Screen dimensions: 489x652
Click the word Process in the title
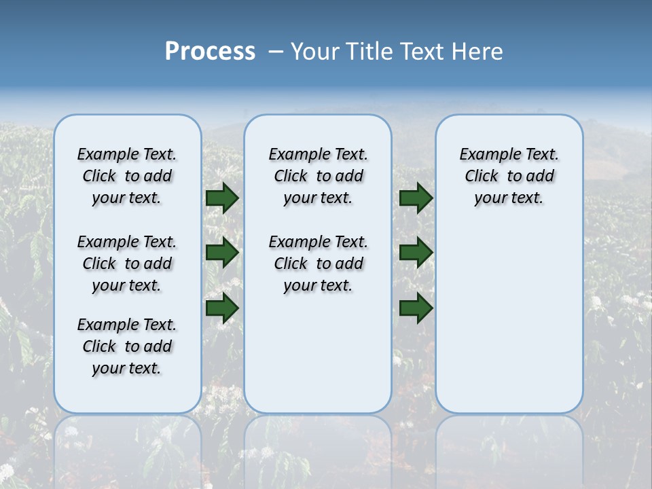click(210, 52)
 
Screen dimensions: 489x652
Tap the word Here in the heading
click(478, 52)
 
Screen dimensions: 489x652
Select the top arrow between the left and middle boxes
click(222, 198)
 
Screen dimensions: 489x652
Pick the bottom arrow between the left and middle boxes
click(222, 308)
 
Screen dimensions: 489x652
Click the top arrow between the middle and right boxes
click(416, 198)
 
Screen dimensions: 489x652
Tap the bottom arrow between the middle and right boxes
click(416, 308)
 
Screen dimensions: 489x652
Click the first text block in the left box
click(127, 176)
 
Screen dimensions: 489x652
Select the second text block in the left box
click(127, 264)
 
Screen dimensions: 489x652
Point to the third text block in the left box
click(127, 346)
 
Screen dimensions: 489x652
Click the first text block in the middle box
click(318, 176)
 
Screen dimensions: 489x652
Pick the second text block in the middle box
click(318, 264)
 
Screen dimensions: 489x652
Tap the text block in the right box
click(509, 176)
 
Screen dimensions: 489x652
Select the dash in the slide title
click(276, 52)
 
